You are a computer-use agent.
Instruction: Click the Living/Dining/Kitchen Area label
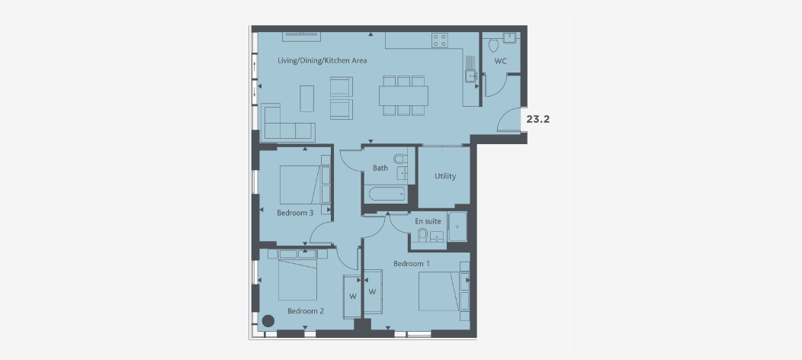(322, 60)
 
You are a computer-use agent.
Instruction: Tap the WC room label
(500, 61)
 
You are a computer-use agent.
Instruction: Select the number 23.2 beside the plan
(537, 119)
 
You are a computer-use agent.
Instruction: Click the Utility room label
(445, 176)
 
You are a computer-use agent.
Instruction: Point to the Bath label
(380, 168)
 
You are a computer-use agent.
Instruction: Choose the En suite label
(428, 221)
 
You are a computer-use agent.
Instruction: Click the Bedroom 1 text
(412, 264)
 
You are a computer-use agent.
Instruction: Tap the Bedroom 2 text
(306, 311)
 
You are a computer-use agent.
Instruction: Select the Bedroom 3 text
(295, 213)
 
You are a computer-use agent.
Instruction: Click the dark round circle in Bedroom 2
(268, 321)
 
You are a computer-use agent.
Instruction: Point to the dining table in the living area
(403, 95)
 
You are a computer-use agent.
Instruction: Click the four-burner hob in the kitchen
(440, 40)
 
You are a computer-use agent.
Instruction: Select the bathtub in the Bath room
(387, 194)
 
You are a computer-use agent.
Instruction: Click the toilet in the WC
(493, 42)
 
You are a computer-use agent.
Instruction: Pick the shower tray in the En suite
(458, 227)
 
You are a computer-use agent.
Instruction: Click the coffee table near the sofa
(307, 98)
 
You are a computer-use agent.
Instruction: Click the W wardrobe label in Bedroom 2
(353, 297)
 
